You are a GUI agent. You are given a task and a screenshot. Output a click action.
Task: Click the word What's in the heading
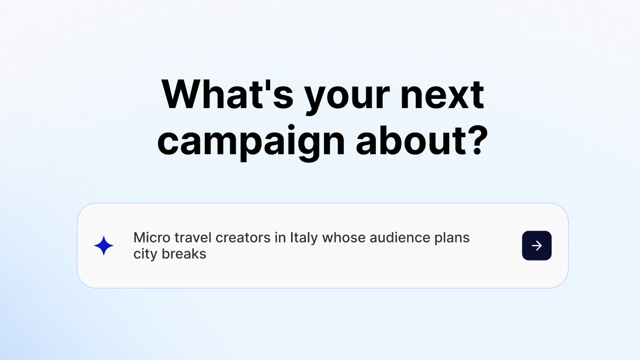pos(227,95)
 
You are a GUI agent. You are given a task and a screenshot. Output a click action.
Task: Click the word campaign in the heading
pos(251,142)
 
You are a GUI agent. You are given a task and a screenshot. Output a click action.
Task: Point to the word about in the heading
pos(411,140)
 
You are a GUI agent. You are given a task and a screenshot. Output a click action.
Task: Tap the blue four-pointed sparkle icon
pos(104,245)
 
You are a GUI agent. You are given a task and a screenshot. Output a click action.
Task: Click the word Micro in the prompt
pos(152,238)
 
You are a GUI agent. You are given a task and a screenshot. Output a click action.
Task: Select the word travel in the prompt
pos(193,238)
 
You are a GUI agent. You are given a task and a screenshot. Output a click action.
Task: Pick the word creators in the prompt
pos(243,238)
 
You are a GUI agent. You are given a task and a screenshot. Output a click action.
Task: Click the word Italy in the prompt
pos(304,238)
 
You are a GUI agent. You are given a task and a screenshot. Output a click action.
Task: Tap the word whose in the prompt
pos(344,238)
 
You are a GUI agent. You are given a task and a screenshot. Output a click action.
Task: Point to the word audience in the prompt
pos(400,238)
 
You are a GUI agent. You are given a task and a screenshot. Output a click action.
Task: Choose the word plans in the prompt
pos(452,238)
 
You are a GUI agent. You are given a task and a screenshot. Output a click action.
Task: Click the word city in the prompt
pos(145,255)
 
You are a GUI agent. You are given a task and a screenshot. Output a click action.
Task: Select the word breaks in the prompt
pos(184,254)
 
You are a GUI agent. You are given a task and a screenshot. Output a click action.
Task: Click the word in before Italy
pos(280,238)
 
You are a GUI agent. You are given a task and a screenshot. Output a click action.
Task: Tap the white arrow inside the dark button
pos(537,246)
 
